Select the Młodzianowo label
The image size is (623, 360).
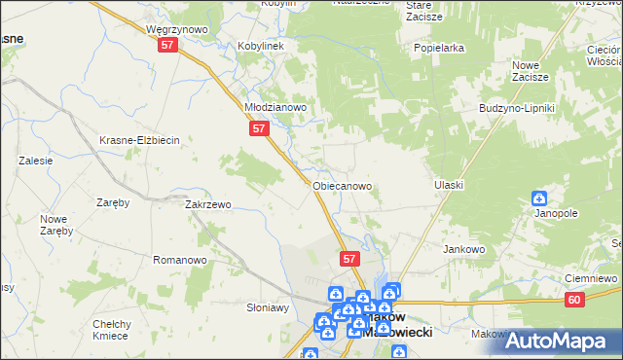coord(275,107)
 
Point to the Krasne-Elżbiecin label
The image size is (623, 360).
coord(140,140)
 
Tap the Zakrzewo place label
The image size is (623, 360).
coord(207,205)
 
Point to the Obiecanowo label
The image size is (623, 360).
coord(342,185)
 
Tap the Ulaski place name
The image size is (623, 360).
coord(448,185)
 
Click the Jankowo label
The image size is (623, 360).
coord(464,249)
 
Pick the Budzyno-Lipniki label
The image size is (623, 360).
coord(516,107)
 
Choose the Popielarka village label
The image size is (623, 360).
coord(438,47)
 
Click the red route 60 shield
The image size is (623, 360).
coord(574,302)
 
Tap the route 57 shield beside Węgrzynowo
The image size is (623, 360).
coord(168,46)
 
